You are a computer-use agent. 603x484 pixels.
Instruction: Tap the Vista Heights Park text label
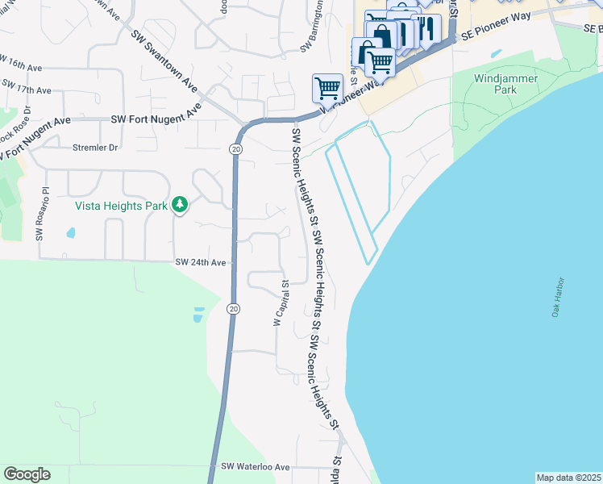[x=121, y=206]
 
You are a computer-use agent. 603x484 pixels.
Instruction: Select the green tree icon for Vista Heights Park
[x=180, y=205]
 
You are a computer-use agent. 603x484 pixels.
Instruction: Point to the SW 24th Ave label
[x=202, y=263]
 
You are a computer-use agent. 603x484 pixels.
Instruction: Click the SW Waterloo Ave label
[x=255, y=467]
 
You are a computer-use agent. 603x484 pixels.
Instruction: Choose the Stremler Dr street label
[x=95, y=148]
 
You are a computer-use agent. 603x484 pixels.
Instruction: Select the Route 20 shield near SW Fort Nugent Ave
[x=235, y=149]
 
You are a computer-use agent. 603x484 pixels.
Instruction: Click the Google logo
[x=27, y=474]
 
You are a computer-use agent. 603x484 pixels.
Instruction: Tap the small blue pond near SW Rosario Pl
[x=71, y=233]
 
